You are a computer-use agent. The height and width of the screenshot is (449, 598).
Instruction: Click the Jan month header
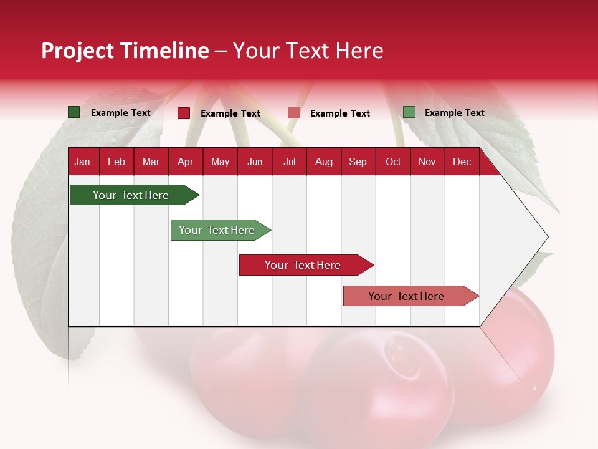pos(82,162)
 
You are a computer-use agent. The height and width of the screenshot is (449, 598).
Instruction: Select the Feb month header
pos(116,162)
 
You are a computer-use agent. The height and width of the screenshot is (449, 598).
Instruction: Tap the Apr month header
pos(185,162)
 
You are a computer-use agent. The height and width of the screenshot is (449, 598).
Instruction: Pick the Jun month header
pos(255,162)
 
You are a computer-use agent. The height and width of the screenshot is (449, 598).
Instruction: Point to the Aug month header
pos(323,162)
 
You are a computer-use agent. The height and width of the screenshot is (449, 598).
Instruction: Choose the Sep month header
pos(358,162)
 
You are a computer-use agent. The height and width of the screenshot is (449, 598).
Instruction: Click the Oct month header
pos(393,162)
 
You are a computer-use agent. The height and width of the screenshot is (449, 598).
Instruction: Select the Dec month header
pos(462,162)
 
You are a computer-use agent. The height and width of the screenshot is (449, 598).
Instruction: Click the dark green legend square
pos(74,112)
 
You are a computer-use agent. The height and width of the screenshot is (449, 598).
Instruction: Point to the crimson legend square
pos(184,113)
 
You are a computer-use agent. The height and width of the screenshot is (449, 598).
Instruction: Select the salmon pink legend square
pos(294,113)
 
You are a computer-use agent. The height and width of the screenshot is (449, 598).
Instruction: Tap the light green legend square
pos(409,112)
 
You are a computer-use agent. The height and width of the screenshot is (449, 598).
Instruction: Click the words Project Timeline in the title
pos(125,51)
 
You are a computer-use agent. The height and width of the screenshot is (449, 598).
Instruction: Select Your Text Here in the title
pos(308,51)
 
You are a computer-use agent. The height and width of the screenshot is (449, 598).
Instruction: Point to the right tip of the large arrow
pos(547,237)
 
